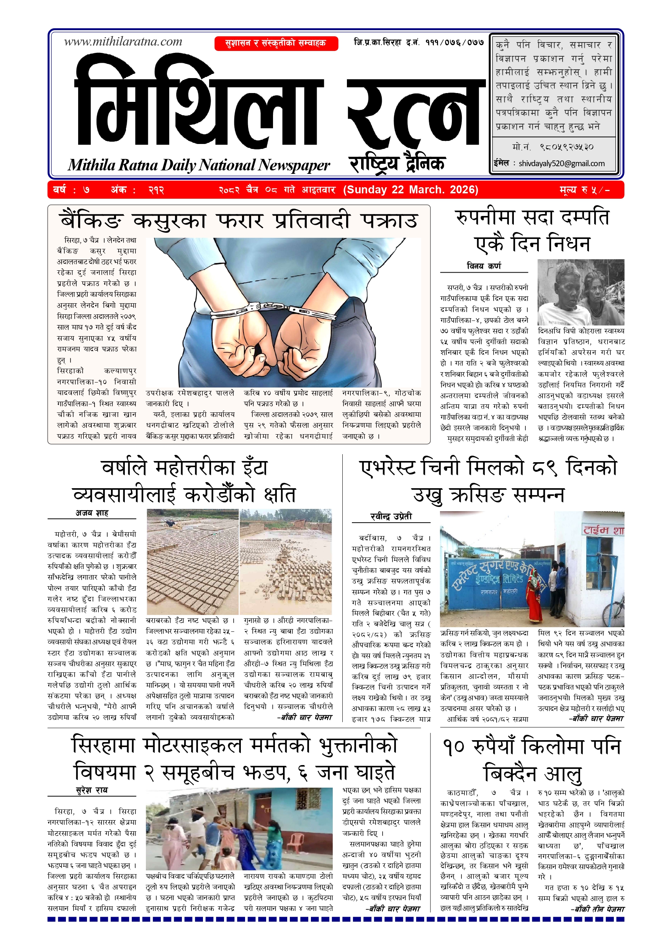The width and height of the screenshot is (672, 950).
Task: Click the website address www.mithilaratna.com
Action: pyautogui.click(x=123, y=42)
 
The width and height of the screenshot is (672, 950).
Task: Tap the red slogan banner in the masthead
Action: pyautogui.click(x=276, y=43)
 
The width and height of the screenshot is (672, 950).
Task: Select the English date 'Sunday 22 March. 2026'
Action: pyautogui.click(x=410, y=190)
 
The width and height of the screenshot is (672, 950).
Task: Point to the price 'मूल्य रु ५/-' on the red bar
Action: pyautogui.click(x=585, y=190)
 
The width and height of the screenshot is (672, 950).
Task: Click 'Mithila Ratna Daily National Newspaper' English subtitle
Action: pyautogui.click(x=199, y=165)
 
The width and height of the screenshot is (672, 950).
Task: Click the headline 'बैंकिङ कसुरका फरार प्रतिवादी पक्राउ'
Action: pyautogui.click(x=239, y=221)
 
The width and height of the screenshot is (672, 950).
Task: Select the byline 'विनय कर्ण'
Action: pyautogui.click(x=484, y=266)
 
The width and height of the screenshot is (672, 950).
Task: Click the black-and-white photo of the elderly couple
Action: pyautogui.click(x=580, y=292)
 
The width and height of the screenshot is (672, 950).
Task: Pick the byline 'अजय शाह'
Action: pyautogui.click(x=92, y=513)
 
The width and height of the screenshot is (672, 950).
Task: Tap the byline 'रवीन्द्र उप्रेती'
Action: pyautogui.click(x=391, y=517)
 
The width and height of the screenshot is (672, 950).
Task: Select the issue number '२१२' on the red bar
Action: pyautogui.click(x=156, y=190)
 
